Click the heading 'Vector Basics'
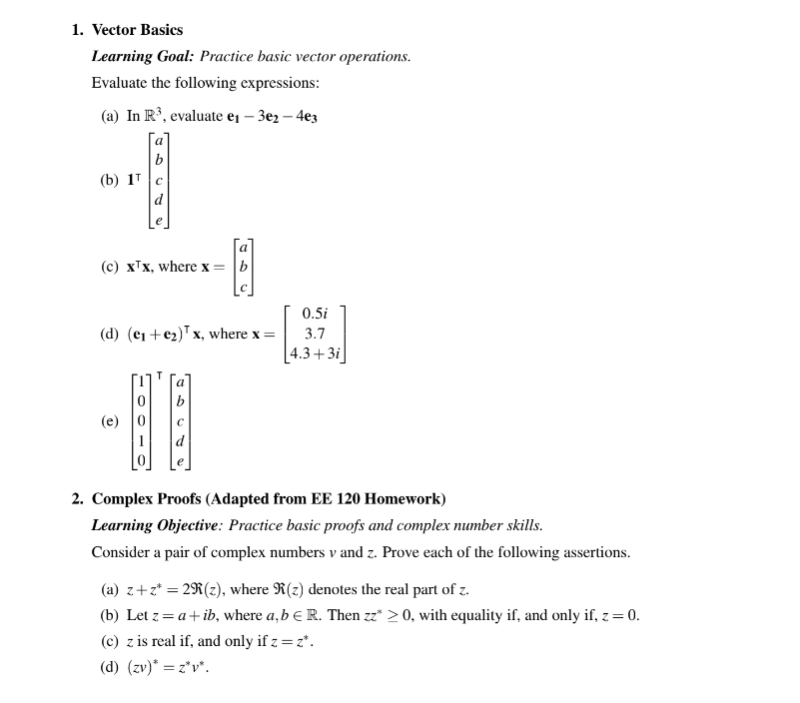pyautogui.click(x=137, y=30)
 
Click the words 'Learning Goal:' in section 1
pyautogui.click(x=143, y=57)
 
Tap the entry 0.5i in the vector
pyautogui.click(x=315, y=314)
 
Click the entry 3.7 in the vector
pyautogui.click(x=315, y=334)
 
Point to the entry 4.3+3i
pyautogui.click(x=315, y=353)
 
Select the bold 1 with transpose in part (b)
pyautogui.click(x=135, y=180)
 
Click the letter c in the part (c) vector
pyautogui.click(x=243, y=288)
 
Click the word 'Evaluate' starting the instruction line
pyautogui.click(x=119, y=83)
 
